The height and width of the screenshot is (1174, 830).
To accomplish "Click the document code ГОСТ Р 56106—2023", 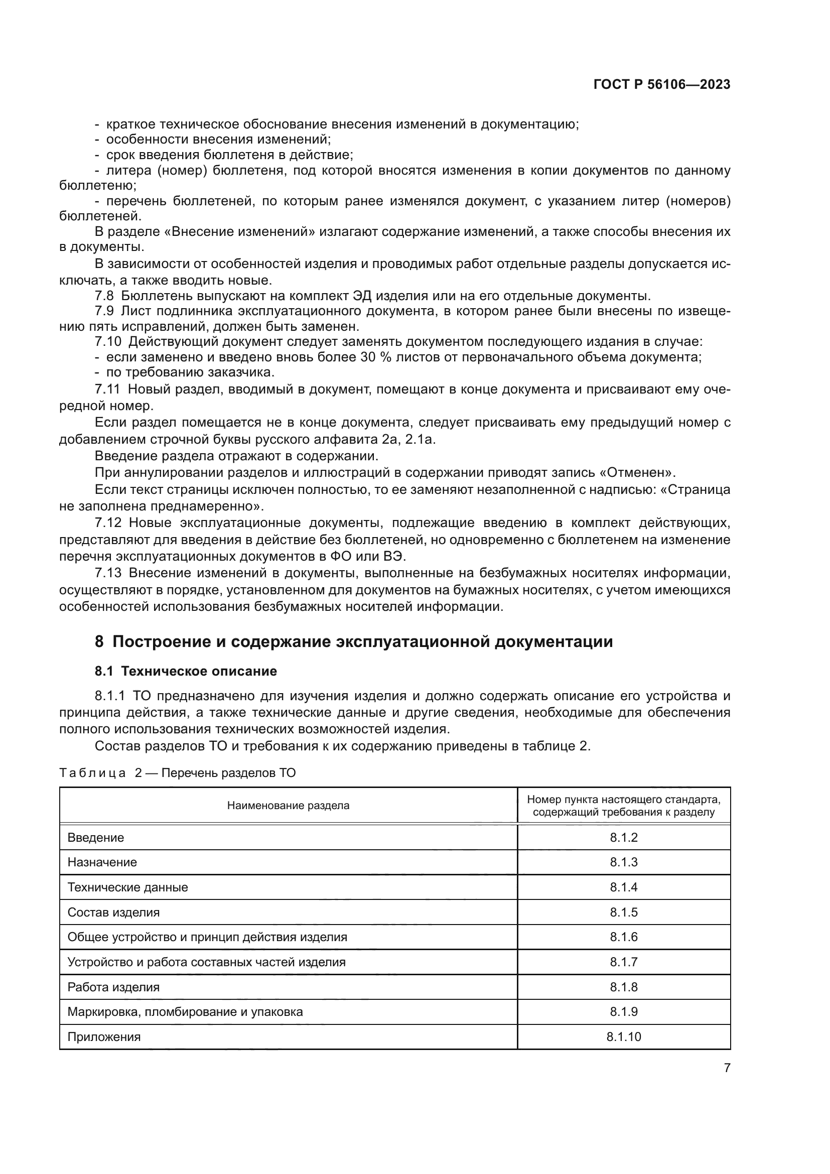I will point(661,85).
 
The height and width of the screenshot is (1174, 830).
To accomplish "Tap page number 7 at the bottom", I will point(727,1068).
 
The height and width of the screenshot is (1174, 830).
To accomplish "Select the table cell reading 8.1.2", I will point(624,838).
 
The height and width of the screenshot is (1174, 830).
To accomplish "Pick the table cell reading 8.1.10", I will point(624,1036).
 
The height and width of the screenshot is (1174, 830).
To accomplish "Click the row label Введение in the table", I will point(95,838).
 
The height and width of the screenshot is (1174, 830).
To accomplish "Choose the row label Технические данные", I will point(128,887).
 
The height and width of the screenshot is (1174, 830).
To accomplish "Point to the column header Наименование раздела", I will point(288,806).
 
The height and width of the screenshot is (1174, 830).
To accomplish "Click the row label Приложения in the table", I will point(104,1036).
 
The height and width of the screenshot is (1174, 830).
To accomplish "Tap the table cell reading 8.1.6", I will point(624,937).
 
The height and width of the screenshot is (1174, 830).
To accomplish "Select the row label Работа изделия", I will point(113,987).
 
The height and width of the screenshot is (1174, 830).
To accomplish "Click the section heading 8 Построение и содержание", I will point(354,641).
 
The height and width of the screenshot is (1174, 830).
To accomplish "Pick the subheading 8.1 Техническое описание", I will point(186,671).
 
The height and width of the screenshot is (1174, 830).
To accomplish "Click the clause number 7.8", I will point(104,296).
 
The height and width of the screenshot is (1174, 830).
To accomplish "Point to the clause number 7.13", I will point(108,573).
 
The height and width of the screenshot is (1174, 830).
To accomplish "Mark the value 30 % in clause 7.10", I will point(376,357).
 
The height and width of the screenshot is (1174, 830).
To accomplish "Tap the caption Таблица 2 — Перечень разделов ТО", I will point(177,772).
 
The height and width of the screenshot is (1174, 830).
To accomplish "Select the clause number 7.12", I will point(108,523).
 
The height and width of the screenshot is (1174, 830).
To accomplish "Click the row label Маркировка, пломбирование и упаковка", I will point(185,1011).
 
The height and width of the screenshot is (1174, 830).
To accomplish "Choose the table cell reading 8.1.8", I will point(624,987).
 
